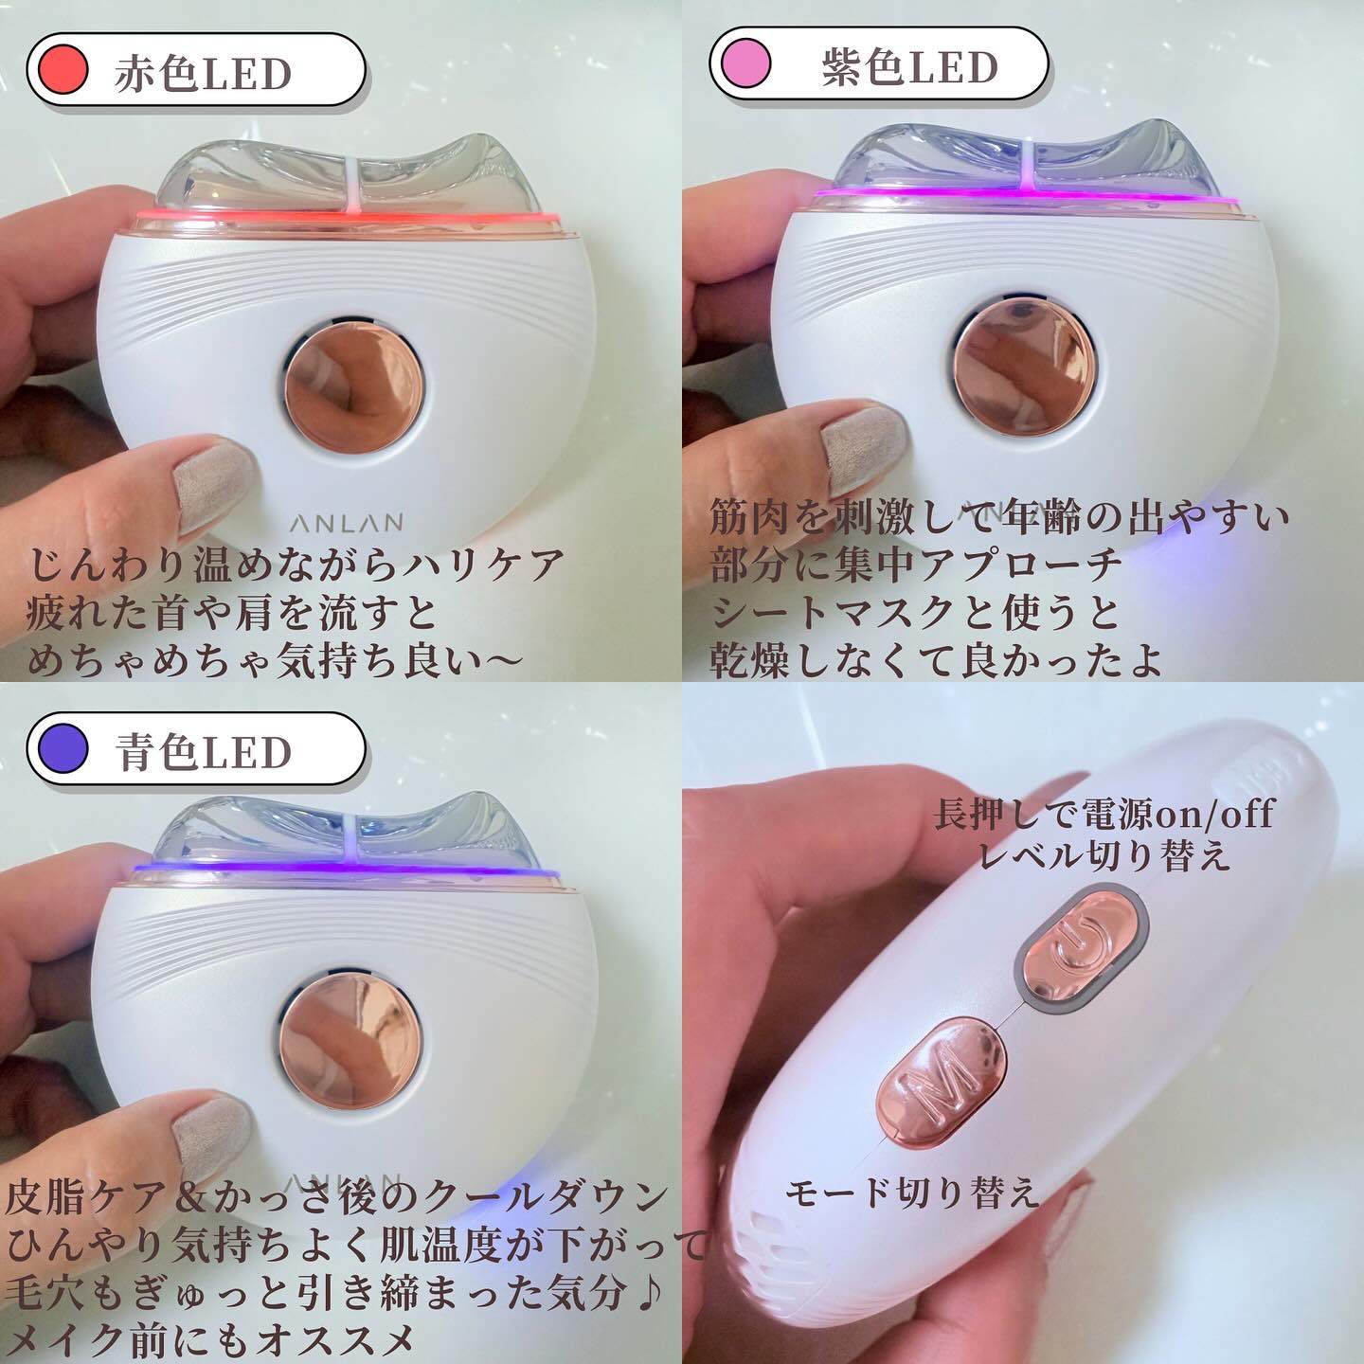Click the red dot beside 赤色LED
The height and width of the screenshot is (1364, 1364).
[63, 69]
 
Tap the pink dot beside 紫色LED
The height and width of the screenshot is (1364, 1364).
[746, 63]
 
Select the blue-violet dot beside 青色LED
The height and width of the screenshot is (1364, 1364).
[63, 747]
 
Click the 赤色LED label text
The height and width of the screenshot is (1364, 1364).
[203, 72]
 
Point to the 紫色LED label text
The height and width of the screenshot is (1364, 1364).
[909, 67]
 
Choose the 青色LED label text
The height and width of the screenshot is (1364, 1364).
[203, 751]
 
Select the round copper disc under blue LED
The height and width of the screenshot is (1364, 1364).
[350, 1044]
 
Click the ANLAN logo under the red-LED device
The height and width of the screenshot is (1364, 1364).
[347, 523]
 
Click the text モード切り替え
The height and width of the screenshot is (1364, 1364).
[911, 1192]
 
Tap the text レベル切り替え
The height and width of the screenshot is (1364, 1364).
[1104, 853]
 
